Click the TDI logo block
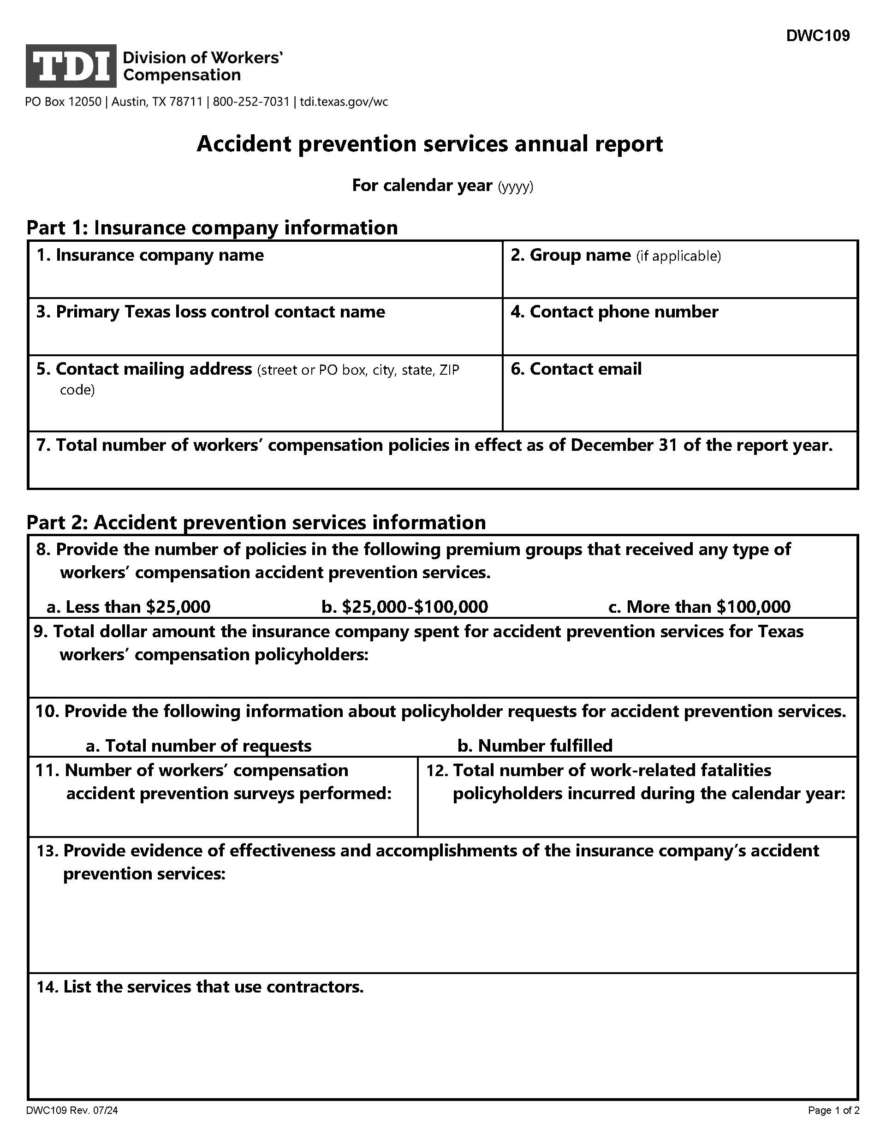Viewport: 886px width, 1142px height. [71, 66]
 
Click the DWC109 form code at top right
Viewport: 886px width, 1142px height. [818, 36]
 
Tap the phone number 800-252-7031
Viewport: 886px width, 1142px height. [251, 102]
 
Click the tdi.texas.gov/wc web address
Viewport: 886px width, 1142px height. [344, 102]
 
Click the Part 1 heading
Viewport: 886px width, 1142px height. [212, 227]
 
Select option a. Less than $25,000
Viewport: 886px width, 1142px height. [129, 607]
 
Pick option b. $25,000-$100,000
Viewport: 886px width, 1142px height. [404, 607]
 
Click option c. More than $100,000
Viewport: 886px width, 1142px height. [699, 607]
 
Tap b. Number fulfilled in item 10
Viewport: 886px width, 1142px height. [534, 745]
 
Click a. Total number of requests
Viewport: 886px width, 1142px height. [199, 745]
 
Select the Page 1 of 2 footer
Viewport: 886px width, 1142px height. [833, 1110]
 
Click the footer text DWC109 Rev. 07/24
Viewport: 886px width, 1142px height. [71, 1110]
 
